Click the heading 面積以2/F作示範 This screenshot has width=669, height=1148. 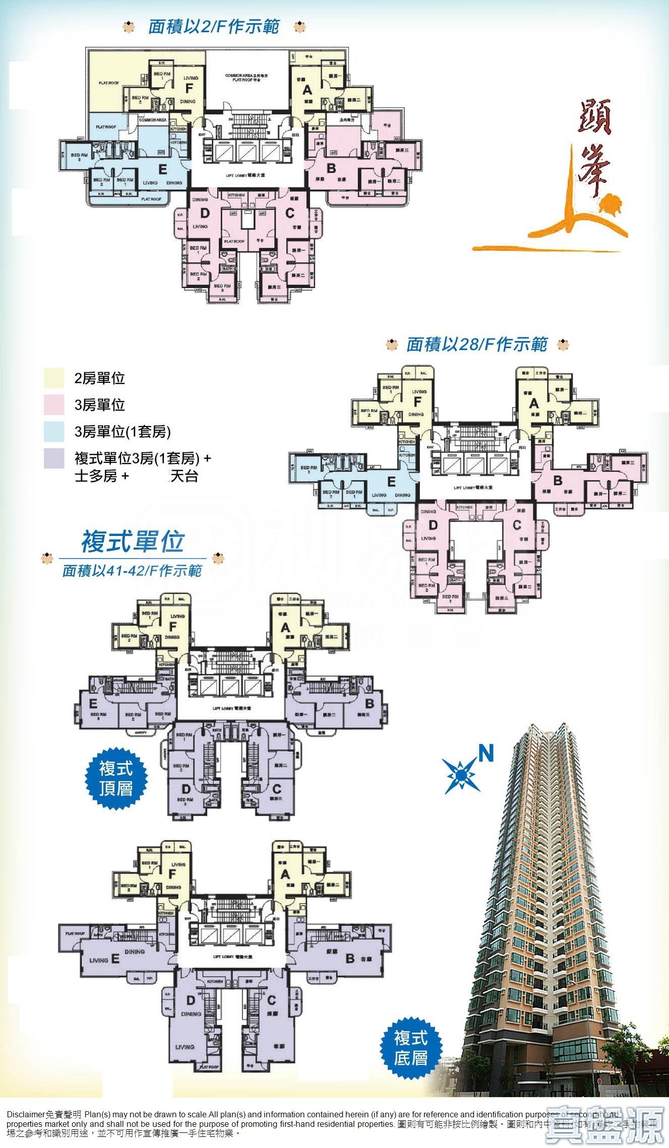pyautogui.click(x=213, y=27)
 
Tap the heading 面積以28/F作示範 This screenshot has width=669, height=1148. pyautogui.click(x=476, y=345)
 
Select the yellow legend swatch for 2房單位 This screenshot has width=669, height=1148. pyautogui.click(x=54, y=378)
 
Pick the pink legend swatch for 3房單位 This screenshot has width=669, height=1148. pyautogui.click(x=54, y=405)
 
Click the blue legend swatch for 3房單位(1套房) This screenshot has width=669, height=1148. pyautogui.click(x=54, y=432)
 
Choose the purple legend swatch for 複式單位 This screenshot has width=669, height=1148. pyautogui.click(x=54, y=458)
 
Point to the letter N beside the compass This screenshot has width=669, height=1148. pyautogui.click(x=485, y=754)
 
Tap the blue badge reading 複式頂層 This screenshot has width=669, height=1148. pyautogui.click(x=116, y=778)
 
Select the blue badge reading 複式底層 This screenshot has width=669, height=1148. pyautogui.click(x=411, y=1048)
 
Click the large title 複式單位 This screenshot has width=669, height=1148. pyautogui.click(x=132, y=542)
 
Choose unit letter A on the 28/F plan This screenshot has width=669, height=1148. pyautogui.click(x=534, y=403)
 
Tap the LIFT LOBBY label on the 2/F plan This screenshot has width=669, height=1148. pyautogui.click(x=246, y=175)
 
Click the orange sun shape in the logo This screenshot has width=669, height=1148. pyautogui.click(x=612, y=205)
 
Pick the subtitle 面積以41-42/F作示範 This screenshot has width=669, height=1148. pyautogui.click(x=132, y=571)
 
